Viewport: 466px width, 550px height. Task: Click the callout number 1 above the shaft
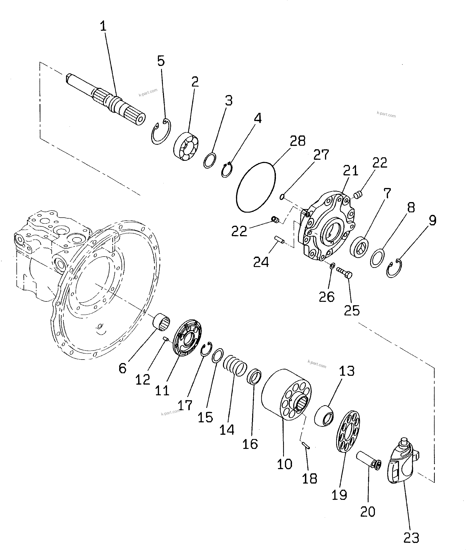click(103, 27)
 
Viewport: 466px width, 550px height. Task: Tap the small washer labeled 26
click(332, 265)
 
